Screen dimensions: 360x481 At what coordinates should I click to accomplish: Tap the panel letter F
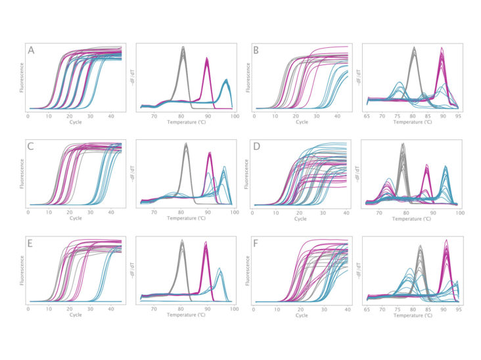pos(256,242)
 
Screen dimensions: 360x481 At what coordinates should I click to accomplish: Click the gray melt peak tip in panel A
pos(183,47)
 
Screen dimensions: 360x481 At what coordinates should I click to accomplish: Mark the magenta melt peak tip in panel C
pos(210,153)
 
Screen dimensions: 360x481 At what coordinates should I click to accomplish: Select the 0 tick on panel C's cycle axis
pos(27,212)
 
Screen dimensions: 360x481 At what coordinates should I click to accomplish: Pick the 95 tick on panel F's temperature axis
pos(456,307)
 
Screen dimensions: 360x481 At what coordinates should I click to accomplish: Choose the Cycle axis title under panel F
pos(302,315)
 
